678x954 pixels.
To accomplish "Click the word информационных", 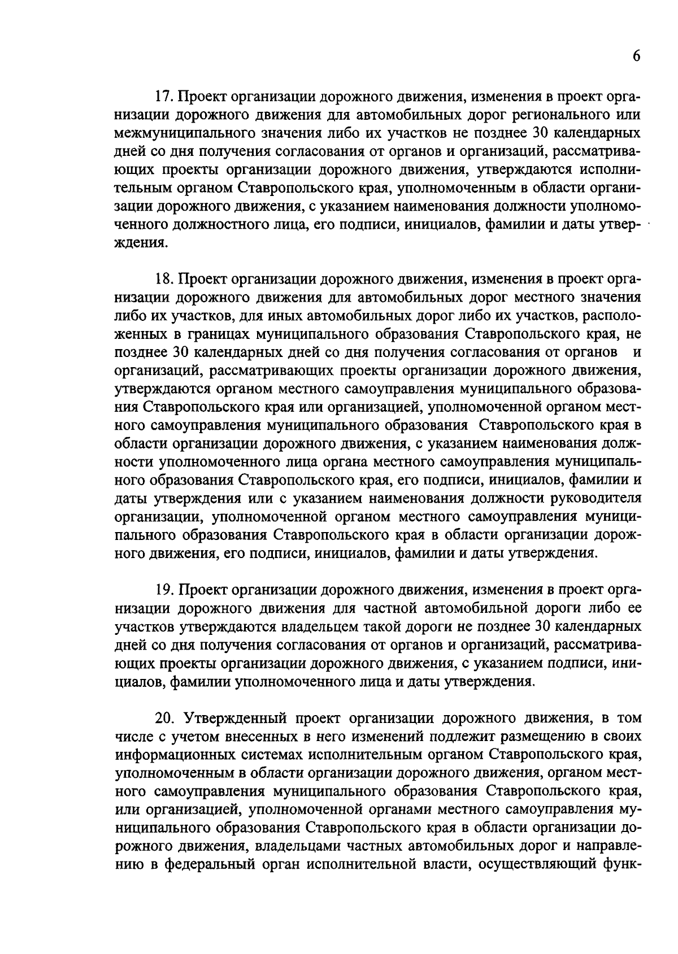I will point(178,755).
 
